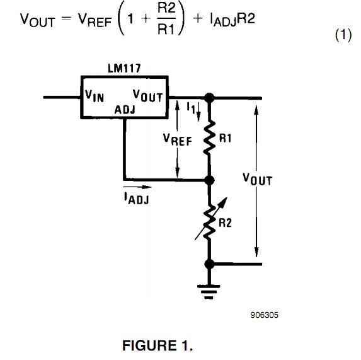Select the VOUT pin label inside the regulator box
pyautogui.click(x=148, y=96)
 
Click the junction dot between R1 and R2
pyautogui.click(x=209, y=180)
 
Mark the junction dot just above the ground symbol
pyautogui.click(x=209, y=264)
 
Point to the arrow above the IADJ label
pyautogui.click(x=137, y=187)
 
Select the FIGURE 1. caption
pyautogui.click(x=158, y=346)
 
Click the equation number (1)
pyautogui.click(x=342, y=36)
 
